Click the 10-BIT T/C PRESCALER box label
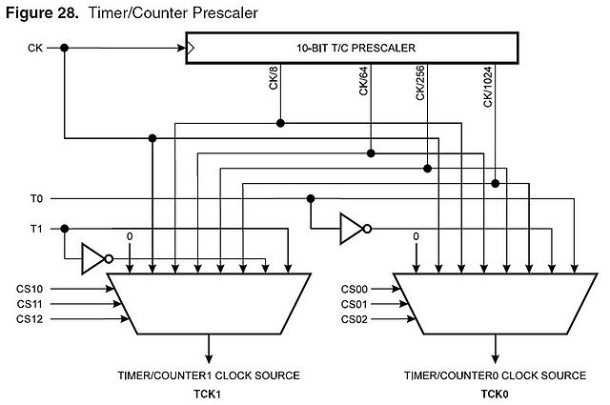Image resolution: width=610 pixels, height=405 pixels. (x=356, y=48)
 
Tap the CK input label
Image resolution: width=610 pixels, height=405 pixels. (x=35, y=48)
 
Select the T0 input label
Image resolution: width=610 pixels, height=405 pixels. (x=36, y=199)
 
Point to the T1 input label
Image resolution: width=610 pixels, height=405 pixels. (x=36, y=229)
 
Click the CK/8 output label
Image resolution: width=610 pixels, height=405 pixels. (x=274, y=78)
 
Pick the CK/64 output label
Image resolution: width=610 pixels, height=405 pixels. (x=363, y=81)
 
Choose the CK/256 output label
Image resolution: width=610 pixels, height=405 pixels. (x=420, y=83)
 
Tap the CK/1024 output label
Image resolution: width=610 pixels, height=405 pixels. (x=488, y=87)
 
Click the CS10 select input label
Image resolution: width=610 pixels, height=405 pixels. (x=30, y=289)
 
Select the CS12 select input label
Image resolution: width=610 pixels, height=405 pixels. (x=30, y=319)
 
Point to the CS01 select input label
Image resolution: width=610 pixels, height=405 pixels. (x=354, y=304)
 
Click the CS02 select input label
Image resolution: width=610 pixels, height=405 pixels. (x=354, y=319)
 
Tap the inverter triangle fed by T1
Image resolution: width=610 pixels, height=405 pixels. (x=93, y=258)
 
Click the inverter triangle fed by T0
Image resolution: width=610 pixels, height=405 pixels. (x=352, y=229)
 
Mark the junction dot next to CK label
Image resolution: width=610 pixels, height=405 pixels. (x=65, y=48)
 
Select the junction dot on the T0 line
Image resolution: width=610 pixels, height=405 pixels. (x=311, y=199)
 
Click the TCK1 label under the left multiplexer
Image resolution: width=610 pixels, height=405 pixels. (x=208, y=395)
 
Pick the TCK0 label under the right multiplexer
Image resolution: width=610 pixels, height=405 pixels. (x=495, y=395)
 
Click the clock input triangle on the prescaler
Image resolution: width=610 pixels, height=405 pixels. (x=191, y=48)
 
